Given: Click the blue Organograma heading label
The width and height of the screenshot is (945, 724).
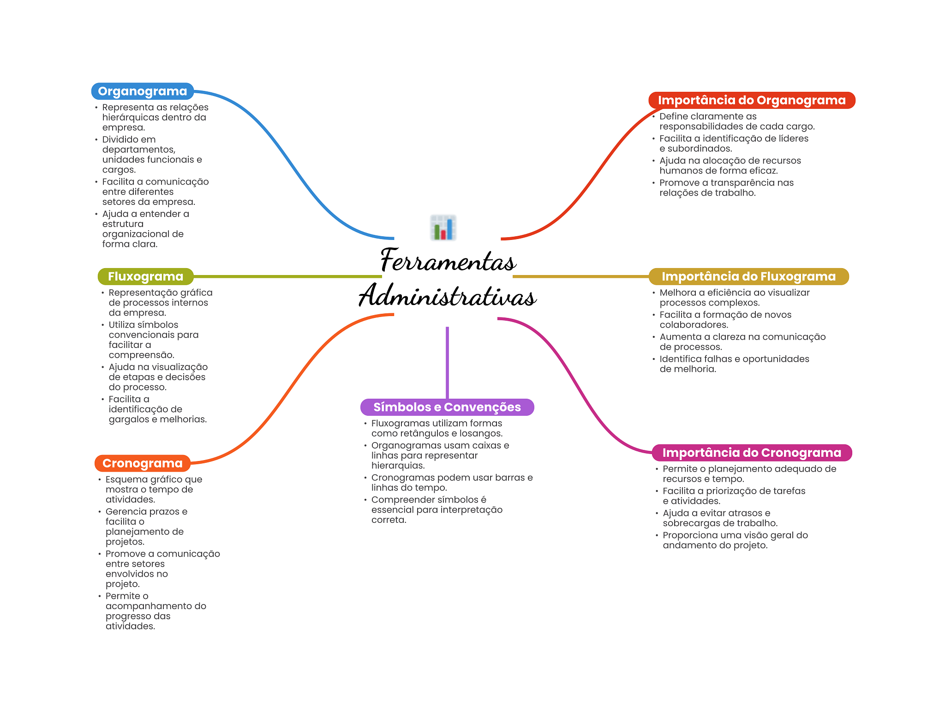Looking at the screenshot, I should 142,91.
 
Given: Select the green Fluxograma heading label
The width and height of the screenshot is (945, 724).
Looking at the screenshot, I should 145,276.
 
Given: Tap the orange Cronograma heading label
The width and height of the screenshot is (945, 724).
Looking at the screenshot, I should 142,463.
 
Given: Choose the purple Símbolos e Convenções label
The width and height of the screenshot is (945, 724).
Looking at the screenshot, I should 447,407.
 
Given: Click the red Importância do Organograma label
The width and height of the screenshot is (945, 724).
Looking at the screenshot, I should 751,100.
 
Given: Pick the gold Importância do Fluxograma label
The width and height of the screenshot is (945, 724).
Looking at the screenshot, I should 748,276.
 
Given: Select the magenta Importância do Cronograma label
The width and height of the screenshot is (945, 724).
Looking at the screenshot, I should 751,453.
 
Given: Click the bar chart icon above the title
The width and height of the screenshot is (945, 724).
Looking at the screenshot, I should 443,227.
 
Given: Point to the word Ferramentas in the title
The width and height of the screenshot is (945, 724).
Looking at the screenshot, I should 448,261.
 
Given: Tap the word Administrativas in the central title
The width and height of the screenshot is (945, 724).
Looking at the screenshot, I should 448,296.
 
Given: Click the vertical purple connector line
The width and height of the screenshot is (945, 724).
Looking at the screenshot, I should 447,362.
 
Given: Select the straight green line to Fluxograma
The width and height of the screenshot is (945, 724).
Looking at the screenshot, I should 286,276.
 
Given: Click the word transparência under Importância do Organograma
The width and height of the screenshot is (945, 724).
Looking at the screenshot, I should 732,183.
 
